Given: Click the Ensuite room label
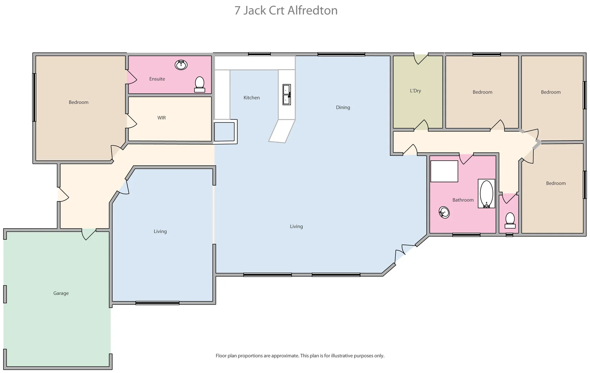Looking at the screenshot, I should coord(157,79).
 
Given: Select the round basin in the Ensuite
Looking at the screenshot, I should coord(181,65).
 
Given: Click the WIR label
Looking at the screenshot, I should coord(161,118).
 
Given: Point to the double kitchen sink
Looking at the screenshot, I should coord(287,95).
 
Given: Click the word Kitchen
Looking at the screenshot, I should coord(251,98).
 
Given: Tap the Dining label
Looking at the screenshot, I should coord(343,107).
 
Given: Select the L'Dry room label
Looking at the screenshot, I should coord(415,91).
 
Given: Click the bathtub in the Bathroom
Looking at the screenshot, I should coord(486,194).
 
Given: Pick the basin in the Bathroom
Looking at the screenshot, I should coord(444,212).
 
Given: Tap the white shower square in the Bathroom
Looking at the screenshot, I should coord(444,171).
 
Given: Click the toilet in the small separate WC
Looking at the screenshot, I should coord(510,220).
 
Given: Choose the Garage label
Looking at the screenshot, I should coord(61,293).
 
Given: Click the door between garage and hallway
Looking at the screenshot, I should coord(88,233).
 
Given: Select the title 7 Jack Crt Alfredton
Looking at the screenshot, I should coord(286,10).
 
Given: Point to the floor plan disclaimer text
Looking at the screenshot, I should coord(300,356).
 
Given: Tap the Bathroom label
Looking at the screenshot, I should coord(463,200).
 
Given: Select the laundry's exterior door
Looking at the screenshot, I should coord(421,58).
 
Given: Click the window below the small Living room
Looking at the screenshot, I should coord(157,303).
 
